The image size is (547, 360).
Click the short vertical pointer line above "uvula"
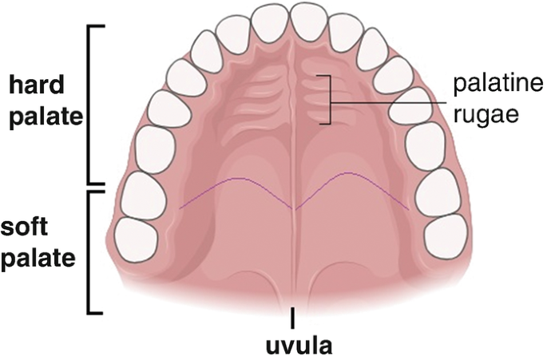click(x=293, y=316)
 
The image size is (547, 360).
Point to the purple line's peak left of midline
click(x=236, y=178)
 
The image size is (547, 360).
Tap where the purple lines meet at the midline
click(x=294, y=208)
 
